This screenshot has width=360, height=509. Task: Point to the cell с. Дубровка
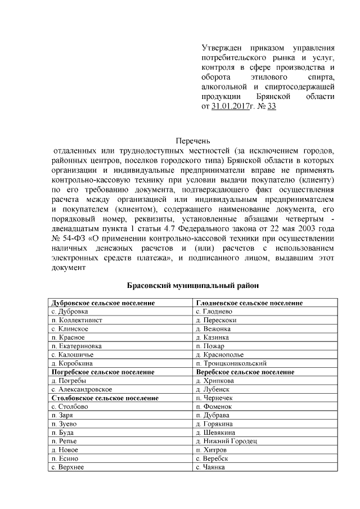[x=70, y=312]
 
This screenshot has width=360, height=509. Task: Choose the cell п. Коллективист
[x=76, y=320]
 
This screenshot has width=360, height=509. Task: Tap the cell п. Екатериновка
[x=76, y=346]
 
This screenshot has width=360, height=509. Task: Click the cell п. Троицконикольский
[x=231, y=363]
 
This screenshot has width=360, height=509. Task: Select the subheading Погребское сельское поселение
[x=103, y=372]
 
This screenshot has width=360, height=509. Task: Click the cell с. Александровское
[x=82, y=389]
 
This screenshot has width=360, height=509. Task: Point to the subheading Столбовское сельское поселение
[x=105, y=398]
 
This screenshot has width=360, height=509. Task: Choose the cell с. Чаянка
[x=210, y=467]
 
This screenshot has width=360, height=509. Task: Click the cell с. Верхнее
[x=67, y=467]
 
